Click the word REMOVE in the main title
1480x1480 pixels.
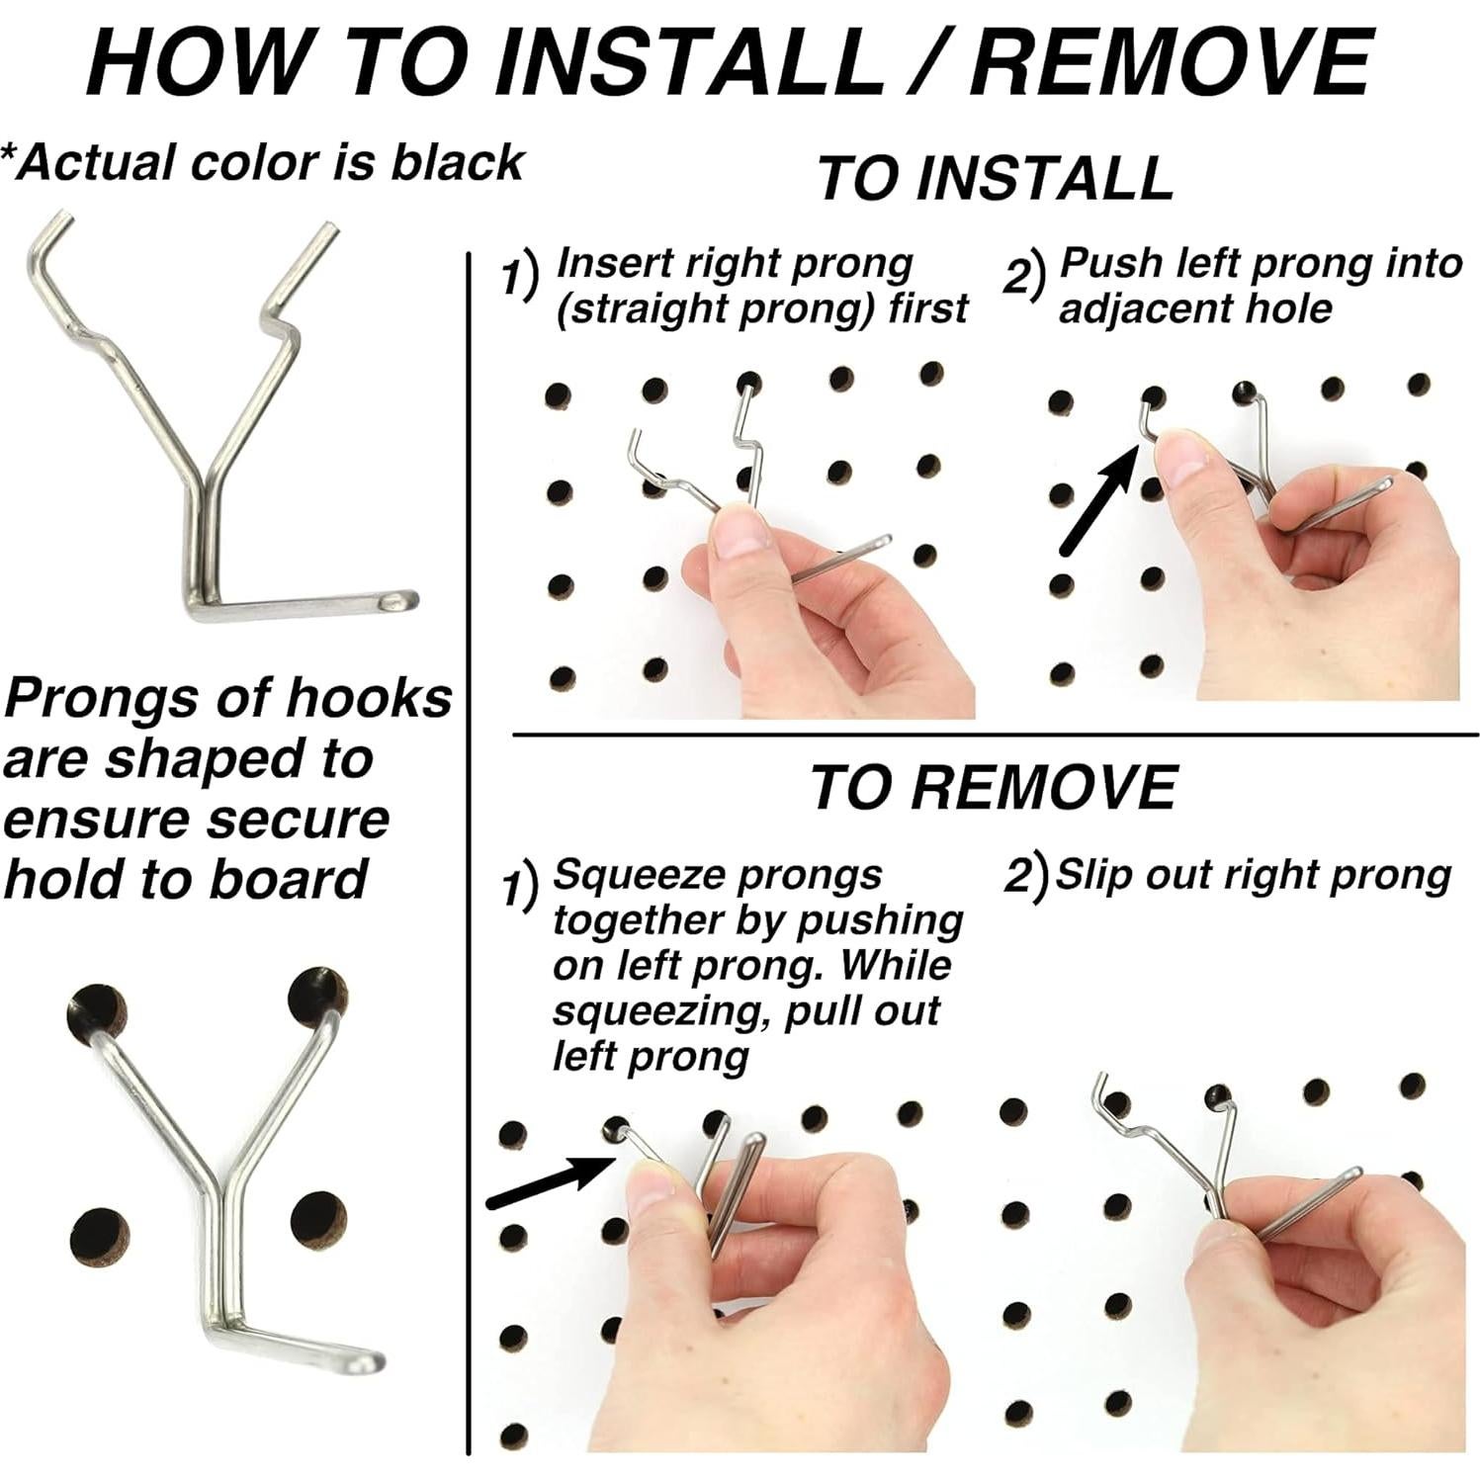tap(1171, 61)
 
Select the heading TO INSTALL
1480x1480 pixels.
tap(995, 178)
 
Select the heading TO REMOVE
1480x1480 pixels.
tap(994, 788)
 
